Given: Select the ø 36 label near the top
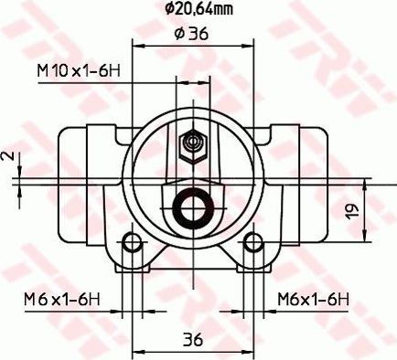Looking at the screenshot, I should pos(191,35).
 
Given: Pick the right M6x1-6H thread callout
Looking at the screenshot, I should pos(315,299).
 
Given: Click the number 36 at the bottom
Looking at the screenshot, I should pos(191,340).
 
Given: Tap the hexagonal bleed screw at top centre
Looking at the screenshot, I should pos(192,143).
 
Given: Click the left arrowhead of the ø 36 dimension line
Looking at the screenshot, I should pos(137,46).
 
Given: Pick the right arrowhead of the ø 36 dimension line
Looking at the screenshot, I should pos(247,46).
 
